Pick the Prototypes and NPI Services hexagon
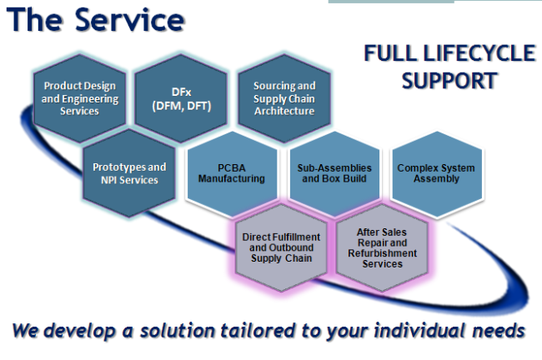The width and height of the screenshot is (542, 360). [130, 172]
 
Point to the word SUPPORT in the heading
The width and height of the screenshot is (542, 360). [450, 81]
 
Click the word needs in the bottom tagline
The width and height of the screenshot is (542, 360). [494, 331]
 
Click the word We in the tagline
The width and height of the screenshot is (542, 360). [24, 330]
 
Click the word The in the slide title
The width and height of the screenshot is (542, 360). [34, 20]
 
